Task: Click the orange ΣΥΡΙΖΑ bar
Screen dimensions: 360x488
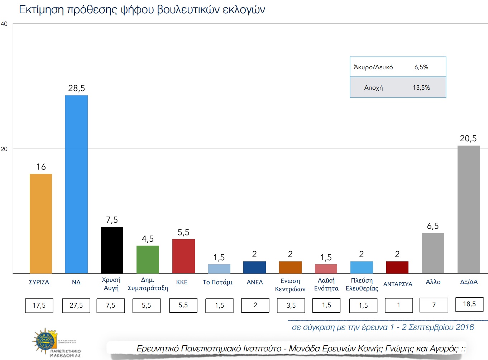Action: click(x=40, y=223)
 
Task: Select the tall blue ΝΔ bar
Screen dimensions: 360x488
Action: click(x=76, y=184)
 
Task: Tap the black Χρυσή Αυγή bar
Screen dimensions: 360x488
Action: click(x=112, y=250)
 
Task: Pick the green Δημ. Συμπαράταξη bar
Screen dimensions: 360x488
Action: click(x=148, y=259)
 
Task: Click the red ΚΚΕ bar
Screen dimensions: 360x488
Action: click(x=183, y=256)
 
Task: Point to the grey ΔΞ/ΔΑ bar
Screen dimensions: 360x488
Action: click(x=469, y=209)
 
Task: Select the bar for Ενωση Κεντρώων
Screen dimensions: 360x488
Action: click(x=290, y=267)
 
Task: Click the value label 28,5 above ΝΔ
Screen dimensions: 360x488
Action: click(x=77, y=88)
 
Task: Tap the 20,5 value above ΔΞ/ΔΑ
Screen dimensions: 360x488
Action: click(x=468, y=138)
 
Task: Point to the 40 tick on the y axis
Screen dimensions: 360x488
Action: click(x=4, y=24)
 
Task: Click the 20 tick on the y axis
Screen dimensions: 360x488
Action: click(x=4, y=149)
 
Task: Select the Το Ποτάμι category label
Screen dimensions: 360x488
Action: click(x=217, y=282)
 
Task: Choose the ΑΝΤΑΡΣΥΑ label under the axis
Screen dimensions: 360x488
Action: click(x=398, y=284)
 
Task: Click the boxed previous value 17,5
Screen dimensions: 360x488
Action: click(x=39, y=305)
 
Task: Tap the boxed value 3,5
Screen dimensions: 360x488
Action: click(x=291, y=305)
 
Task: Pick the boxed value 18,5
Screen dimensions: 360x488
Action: click(x=469, y=304)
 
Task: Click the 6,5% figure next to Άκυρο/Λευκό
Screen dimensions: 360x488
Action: click(x=421, y=67)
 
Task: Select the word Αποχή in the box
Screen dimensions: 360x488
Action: click(x=373, y=87)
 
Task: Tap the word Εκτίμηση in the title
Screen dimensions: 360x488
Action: click(x=41, y=10)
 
